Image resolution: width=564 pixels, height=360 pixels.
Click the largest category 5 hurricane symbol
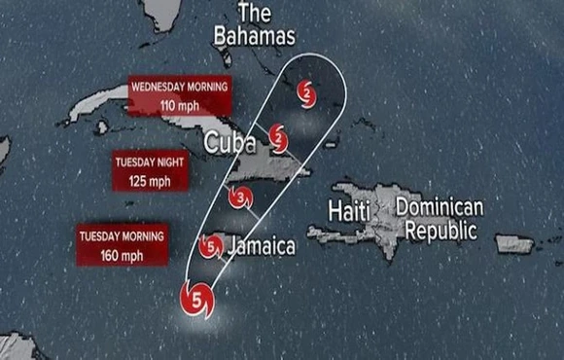tap(197, 300)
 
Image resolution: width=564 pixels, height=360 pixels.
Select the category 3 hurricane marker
tap(240, 199)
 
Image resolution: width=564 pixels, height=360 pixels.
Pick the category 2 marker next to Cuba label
tap(278, 136)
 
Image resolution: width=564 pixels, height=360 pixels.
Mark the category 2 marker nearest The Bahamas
tap(307, 93)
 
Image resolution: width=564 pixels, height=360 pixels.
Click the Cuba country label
tap(229, 144)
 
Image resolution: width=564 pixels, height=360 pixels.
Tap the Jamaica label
tap(263, 246)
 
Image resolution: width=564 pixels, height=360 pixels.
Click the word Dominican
tap(440, 207)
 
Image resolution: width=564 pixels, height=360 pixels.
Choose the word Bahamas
tap(255, 37)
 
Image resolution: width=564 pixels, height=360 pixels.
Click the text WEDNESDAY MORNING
tap(180, 87)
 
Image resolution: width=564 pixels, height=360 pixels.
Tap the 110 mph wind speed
tap(180, 104)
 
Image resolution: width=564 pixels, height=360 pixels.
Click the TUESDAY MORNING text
tap(122, 236)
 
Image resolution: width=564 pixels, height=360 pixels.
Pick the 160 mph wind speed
tap(122, 256)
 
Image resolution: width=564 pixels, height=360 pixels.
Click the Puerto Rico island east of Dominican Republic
tap(514, 243)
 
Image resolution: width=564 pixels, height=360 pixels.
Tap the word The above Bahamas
tap(254, 14)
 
